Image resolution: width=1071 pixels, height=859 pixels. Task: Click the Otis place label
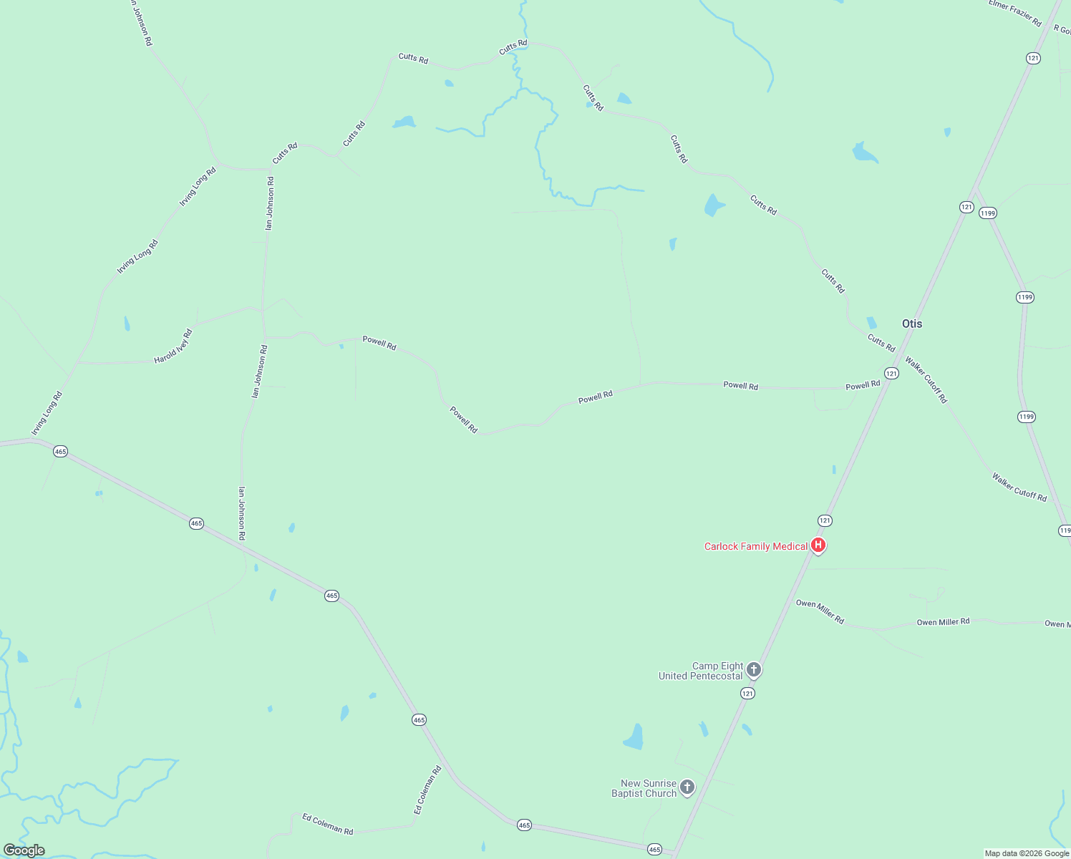(912, 324)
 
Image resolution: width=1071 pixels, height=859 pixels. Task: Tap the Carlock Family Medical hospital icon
(818, 545)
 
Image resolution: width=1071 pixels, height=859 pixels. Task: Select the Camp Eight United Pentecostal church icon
(753, 670)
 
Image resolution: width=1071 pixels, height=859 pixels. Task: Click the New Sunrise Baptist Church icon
(687, 788)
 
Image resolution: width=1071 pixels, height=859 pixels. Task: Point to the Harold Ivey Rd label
(173, 346)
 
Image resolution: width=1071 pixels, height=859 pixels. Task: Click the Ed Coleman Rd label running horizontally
(328, 824)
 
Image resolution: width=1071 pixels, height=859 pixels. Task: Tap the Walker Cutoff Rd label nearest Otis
(926, 379)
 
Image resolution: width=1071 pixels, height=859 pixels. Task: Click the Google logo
(24, 850)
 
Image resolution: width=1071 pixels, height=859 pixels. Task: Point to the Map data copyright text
(1027, 853)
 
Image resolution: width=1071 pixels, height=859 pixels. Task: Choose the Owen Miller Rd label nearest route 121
(820, 612)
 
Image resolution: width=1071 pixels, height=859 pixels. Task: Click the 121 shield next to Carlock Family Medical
(825, 520)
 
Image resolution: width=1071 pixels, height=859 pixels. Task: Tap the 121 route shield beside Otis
(891, 373)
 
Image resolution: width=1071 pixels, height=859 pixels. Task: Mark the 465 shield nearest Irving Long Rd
(61, 451)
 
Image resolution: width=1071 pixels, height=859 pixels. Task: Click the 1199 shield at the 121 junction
(988, 213)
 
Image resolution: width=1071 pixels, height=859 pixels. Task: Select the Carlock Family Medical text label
(756, 546)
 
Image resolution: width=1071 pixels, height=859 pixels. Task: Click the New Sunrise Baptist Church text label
(644, 788)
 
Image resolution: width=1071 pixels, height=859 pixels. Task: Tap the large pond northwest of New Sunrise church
(634, 737)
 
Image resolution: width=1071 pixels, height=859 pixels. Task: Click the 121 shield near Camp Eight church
(747, 693)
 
